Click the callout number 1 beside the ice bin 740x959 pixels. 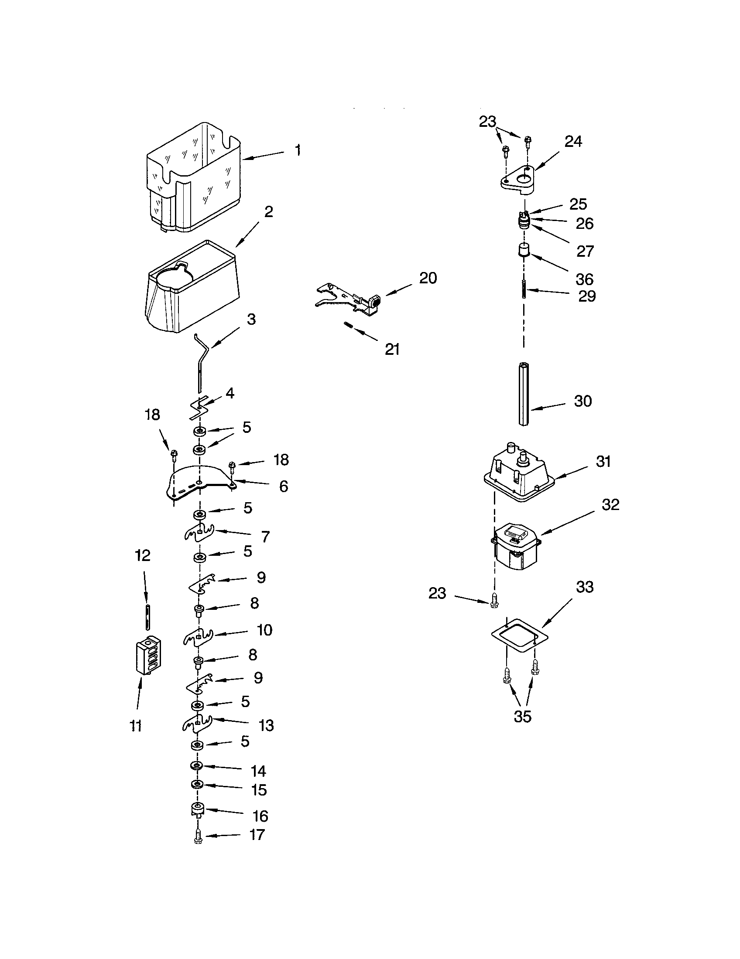tap(298, 151)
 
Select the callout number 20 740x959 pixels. tap(428, 278)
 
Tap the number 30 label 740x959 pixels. tap(582, 401)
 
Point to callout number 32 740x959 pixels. tap(610, 504)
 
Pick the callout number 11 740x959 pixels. tap(136, 726)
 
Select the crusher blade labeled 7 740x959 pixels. tap(199, 533)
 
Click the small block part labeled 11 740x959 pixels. tap(147, 656)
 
